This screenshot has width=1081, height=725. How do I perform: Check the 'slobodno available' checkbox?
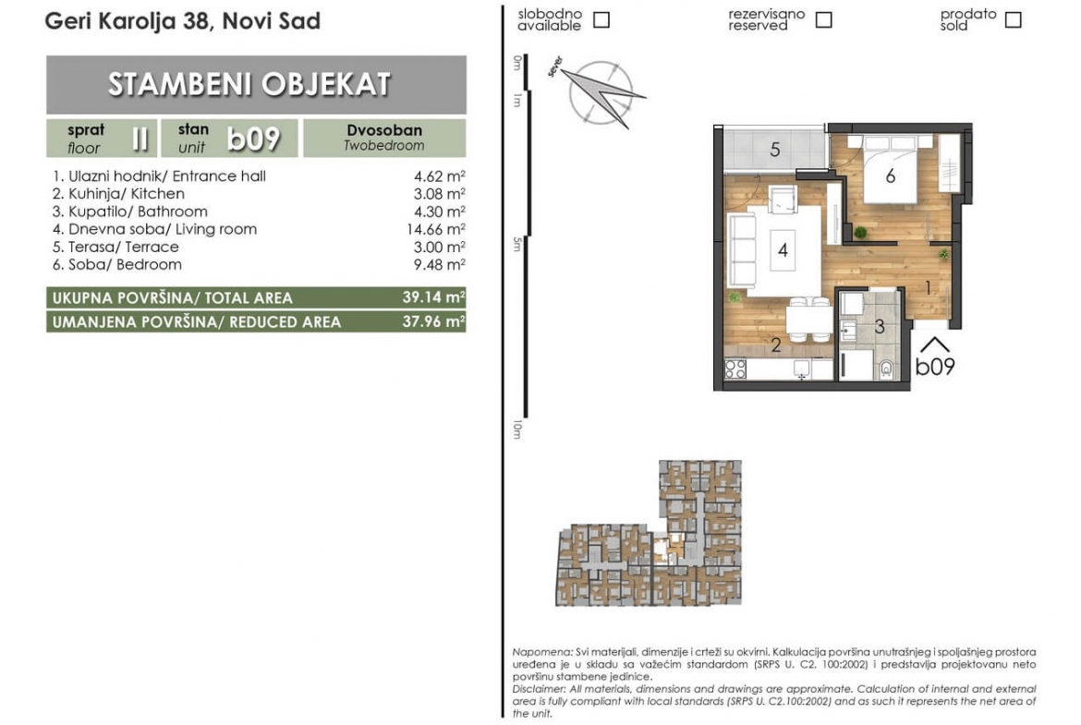pos(601,20)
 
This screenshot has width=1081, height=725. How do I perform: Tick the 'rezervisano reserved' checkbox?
pos(823,20)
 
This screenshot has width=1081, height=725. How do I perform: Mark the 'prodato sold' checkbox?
pos(1013,20)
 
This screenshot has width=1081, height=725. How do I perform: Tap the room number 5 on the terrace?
pos(775,150)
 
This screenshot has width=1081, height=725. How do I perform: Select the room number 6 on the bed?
pos(890,176)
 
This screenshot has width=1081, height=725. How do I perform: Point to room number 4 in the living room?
pos(783,249)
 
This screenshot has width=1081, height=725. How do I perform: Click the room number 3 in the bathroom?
pos(879,327)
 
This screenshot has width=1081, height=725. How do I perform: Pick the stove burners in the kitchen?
pos(735,369)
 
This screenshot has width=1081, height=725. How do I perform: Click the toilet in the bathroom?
pos(886,369)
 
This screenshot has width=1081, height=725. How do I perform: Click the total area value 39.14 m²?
pos(433,297)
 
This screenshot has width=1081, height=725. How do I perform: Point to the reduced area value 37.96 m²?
pos(433,321)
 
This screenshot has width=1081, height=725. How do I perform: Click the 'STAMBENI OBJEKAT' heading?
pos(249,84)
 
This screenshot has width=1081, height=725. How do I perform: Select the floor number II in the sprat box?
pos(140,139)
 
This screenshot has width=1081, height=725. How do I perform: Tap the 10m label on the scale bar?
pos(517,429)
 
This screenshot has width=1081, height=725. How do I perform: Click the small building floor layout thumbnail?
pos(649,533)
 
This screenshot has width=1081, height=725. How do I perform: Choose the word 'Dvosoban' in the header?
pos(384,130)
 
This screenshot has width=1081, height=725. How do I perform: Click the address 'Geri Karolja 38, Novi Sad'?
pos(183,21)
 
